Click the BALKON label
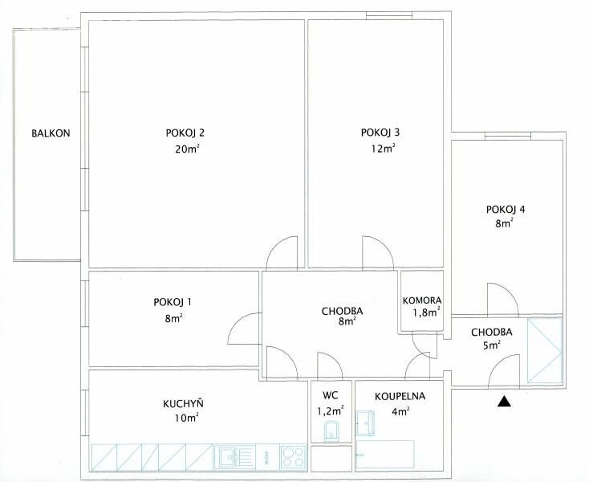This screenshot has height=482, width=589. tap(51, 133)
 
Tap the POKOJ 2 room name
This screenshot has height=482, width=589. tap(185, 133)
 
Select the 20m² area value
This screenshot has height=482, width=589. tap(187, 149)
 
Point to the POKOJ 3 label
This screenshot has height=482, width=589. tap(380, 133)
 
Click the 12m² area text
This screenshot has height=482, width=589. tap(383, 148)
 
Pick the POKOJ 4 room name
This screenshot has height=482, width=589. tap(506, 209)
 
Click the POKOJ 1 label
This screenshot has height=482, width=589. tap(173, 302)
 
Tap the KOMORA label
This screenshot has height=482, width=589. tap(422, 300)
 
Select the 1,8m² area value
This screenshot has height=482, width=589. tap(426, 312)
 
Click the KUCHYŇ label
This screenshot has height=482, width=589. tap(183, 403)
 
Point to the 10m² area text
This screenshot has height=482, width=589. tap(186, 418)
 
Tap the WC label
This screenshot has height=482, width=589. tap(330, 395)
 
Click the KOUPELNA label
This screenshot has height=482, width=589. tap(400, 396)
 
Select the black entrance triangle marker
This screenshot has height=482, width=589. tap(505, 402)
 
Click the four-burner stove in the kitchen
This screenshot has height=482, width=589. tap(294, 457)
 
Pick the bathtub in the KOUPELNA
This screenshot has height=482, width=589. tap(385, 454)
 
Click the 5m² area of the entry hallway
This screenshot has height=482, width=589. tap(492, 345)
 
